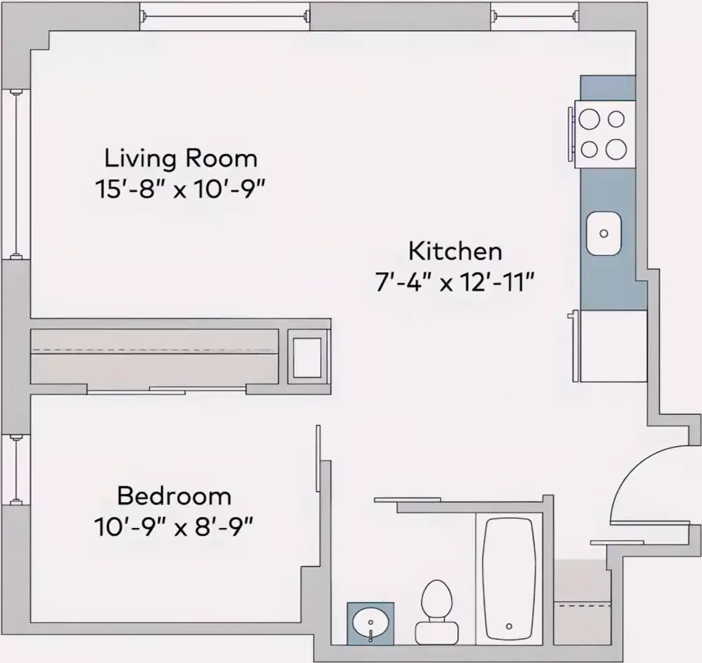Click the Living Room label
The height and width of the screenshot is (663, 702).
tap(181, 159)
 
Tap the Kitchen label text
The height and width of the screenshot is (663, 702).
tap(455, 252)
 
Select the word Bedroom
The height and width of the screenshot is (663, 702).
tap(174, 496)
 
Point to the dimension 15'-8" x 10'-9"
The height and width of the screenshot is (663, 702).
tap(177, 189)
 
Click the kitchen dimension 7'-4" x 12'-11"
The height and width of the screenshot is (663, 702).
tap(455, 283)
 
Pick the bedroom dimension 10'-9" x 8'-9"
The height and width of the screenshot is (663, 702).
tap(174, 527)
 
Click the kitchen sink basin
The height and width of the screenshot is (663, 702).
tap(604, 233)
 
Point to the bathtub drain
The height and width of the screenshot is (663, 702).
tap(509, 626)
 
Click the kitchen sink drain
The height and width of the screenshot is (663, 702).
tap(604, 233)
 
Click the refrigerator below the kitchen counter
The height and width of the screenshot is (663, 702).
tap(614, 346)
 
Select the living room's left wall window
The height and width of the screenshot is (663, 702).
tap(16, 174)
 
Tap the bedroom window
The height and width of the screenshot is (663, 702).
tap(16, 470)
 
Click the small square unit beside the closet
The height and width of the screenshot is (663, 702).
tap(308, 357)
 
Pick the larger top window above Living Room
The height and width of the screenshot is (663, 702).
tap(225, 17)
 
